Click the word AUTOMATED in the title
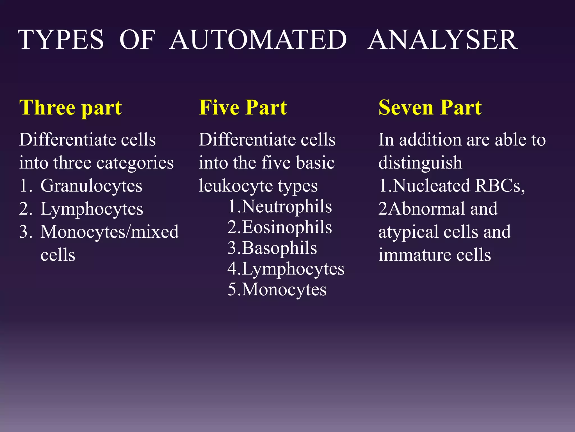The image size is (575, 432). pyautogui.click(x=258, y=40)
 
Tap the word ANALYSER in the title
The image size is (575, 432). pyautogui.click(x=442, y=40)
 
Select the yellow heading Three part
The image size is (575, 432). pyautogui.click(x=70, y=108)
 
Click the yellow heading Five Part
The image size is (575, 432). pyautogui.click(x=243, y=108)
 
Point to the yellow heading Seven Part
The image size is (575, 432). pyautogui.click(x=430, y=108)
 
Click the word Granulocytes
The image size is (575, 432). pyautogui.click(x=91, y=186)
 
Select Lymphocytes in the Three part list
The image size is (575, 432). pyautogui.click(x=92, y=209)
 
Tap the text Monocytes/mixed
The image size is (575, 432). pyautogui.click(x=109, y=232)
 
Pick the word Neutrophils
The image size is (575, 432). pyautogui.click(x=287, y=207)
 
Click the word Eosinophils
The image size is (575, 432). pyautogui.click(x=287, y=227)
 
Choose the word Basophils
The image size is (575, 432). pyautogui.click(x=279, y=248)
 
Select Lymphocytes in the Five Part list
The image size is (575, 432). pyautogui.click(x=293, y=269)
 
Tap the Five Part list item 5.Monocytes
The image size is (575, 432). pyautogui.click(x=277, y=289)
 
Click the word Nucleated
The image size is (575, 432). pyautogui.click(x=431, y=186)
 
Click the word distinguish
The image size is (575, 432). pyautogui.click(x=420, y=163)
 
